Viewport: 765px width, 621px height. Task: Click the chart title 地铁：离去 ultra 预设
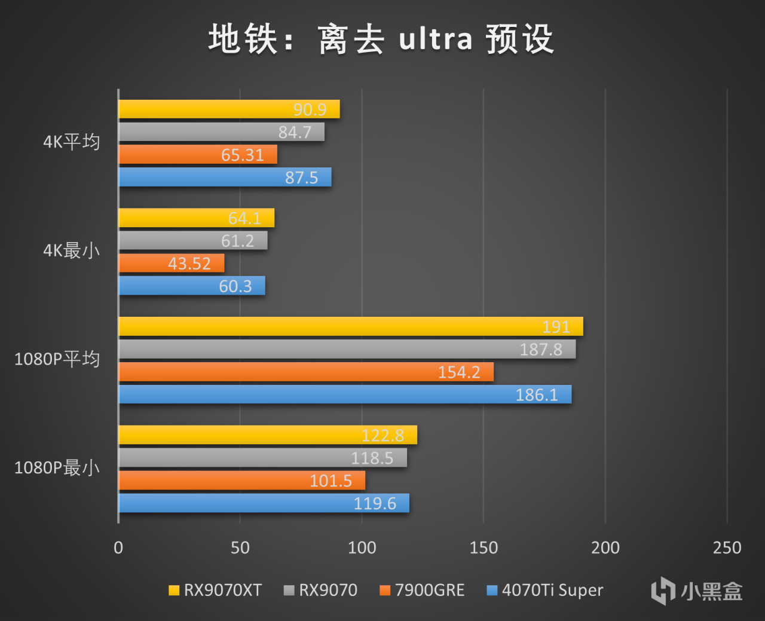[381, 39]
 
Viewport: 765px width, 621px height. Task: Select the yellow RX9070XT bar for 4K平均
[229, 109]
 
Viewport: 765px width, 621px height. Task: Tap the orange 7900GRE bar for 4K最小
[172, 263]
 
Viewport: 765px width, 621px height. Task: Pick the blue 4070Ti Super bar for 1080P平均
[345, 394]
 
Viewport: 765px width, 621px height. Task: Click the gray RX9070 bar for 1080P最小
[263, 458]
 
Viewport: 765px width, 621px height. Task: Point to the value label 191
[556, 327]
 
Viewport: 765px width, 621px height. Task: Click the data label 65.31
[242, 155]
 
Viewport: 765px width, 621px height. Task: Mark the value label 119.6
[375, 503]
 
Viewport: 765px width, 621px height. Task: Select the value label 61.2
[237, 241]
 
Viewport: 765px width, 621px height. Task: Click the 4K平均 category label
[71, 142]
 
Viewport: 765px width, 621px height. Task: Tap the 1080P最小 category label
[57, 467]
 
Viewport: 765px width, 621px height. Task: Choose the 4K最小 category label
[71, 250]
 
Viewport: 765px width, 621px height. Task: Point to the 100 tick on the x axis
[362, 547]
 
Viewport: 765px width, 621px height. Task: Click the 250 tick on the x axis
[727, 547]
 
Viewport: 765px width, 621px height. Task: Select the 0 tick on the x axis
[118, 547]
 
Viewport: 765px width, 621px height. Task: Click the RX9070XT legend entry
[215, 591]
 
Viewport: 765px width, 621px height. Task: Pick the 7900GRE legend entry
[422, 591]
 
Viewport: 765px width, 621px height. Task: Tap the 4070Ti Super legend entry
[545, 591]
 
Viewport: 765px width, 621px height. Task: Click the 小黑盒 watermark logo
[696, 591]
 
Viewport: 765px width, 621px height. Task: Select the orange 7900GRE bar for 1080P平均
[306, 372]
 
